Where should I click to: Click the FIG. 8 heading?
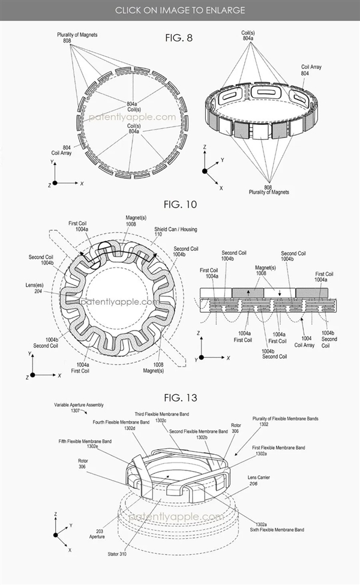point(179,38)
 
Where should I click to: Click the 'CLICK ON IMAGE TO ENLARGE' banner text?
point(180,10)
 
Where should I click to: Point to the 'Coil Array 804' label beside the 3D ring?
point(312,70)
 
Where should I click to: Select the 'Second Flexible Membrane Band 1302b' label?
point(198,434)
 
